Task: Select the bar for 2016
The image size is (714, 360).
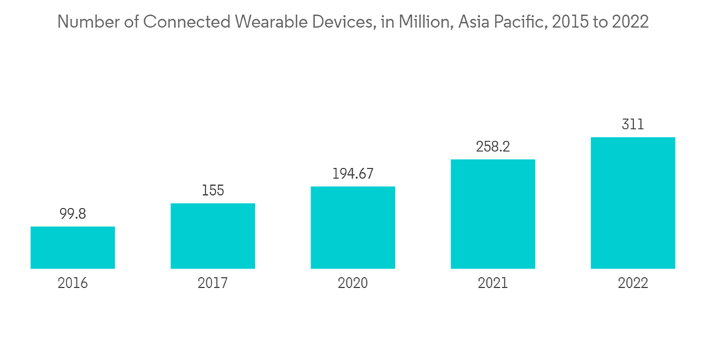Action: [x=73, y=248]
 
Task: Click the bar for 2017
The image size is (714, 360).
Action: [x=213, y=236]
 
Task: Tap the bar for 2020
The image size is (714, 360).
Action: [x=353, y=228]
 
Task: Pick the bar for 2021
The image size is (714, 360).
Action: [x=493, y=214]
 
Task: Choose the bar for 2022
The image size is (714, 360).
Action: [x=633, y=203]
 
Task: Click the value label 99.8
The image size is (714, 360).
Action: [x=73, y=214]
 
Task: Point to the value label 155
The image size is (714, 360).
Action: [x=213, y=191]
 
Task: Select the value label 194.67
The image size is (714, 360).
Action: [x=353, y=174]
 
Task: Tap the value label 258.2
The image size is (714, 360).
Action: [x=493, y=146]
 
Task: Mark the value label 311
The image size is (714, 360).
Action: [x=633, y=124]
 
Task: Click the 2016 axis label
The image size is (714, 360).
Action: [x=73, y=284]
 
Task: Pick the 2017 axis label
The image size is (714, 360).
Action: [x=213, y=284]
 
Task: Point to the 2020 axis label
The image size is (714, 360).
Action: [x=353, y=284]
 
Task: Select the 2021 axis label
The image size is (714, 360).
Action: [x=493, y=284]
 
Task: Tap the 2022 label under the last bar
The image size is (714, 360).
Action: [x=633, y=284]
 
